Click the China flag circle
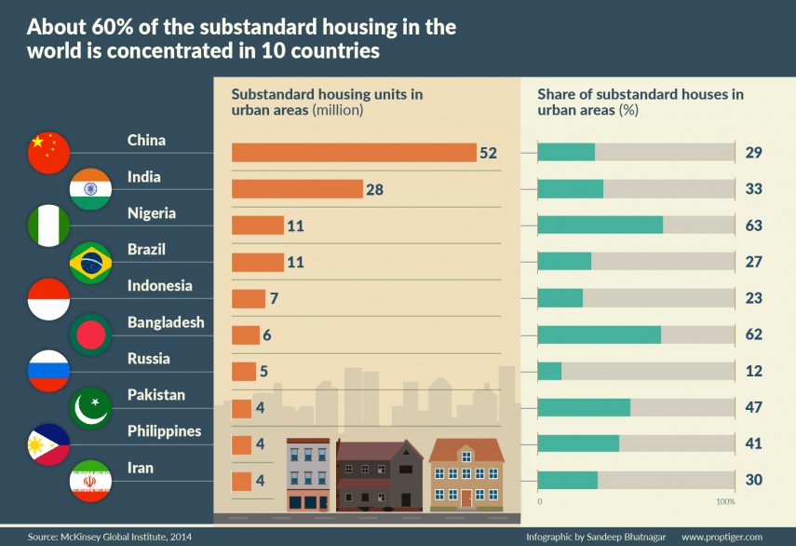49,153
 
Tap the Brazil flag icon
91,262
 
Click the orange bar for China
354,153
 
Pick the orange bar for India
296,189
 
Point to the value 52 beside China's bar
489,153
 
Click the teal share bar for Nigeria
600,225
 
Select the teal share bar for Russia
550,371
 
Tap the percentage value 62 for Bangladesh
753,334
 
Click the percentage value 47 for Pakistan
753,407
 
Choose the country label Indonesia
159,286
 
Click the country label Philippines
164,431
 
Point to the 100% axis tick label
725,502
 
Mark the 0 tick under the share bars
540,502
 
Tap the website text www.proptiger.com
722,538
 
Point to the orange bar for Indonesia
249,298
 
